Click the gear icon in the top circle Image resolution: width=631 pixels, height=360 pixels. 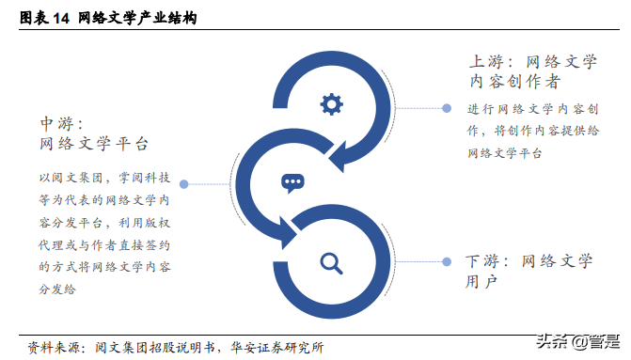pos(331,103)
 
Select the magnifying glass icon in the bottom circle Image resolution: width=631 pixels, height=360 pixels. pos(331,262)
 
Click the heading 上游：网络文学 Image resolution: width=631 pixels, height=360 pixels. pos(533,61)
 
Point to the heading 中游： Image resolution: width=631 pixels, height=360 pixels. pos(60,124)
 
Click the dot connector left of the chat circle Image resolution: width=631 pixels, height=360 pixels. pos(184,184)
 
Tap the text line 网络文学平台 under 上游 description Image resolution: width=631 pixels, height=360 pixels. pos(504,153)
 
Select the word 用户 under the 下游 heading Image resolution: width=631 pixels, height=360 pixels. pos(481,281)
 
